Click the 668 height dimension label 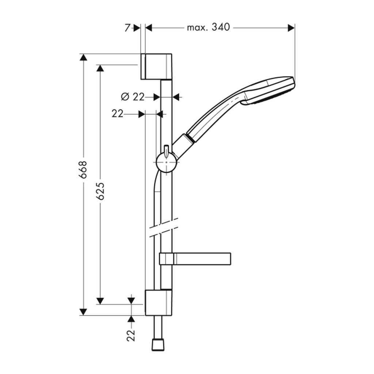[x=83, y=169]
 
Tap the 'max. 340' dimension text [x=208, y=27]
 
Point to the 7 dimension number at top [x=127, y=28]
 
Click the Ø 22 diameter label [x=133, y=97]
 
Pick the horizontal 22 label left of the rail [x=117, y=114]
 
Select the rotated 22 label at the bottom [x=131, y=336]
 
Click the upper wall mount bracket [x=156, y=66]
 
